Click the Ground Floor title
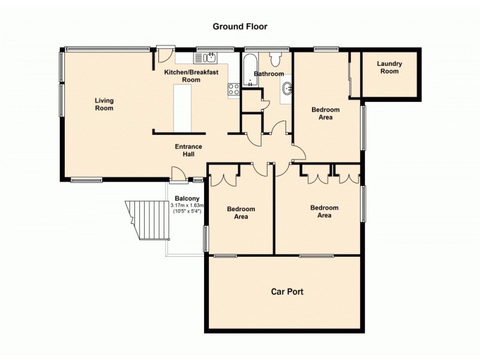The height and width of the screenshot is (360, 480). click(239, 26)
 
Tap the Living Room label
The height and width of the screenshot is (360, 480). click(104, 104)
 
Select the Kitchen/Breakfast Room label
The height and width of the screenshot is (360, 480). click(191, 76)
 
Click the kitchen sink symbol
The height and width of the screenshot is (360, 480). click(208, 58)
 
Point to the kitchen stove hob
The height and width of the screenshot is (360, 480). click(233, 89)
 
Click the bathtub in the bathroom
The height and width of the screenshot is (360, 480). click(248, 71)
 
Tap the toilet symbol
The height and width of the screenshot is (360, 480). click(275, 59)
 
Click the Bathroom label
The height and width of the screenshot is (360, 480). click(268, 74)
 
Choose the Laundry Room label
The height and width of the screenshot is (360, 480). click(389, 67)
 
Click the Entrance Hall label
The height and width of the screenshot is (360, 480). click(188, 150)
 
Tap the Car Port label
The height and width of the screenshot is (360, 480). click(287, 292)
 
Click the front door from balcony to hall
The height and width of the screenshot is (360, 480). click(178, 174)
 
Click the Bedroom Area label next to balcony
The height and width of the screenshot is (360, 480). click(241, 213)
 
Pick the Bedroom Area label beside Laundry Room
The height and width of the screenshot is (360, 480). click(325, 113)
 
